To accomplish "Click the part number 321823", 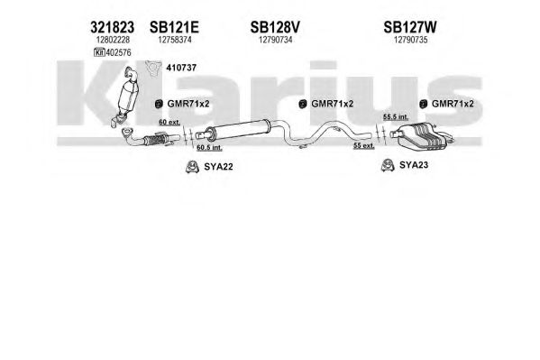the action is tap(112, 27).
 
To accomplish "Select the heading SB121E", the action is tap(174, 27).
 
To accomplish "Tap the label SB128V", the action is tap(275, 27).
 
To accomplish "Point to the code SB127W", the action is tap(410, 27).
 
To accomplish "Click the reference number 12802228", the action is tap(113, 40).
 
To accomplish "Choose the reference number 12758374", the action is tap(175, 40).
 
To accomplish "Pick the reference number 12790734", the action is tap(276, 40).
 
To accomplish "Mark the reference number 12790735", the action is tap(410, 40).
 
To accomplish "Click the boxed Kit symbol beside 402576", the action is tap(99, 52).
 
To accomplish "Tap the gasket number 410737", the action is tap(181, 68).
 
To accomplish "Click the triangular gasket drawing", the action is tap(153, 68).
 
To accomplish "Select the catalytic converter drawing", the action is tap(125, 96).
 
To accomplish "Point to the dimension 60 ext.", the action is tap(169, 122).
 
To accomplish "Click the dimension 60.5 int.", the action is tap(209, 148).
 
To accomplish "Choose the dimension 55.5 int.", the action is tap(396, 117).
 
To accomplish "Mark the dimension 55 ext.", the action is tap(364, 146).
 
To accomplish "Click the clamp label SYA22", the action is tap(218, 167).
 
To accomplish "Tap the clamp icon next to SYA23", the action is tap(388, 165).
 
